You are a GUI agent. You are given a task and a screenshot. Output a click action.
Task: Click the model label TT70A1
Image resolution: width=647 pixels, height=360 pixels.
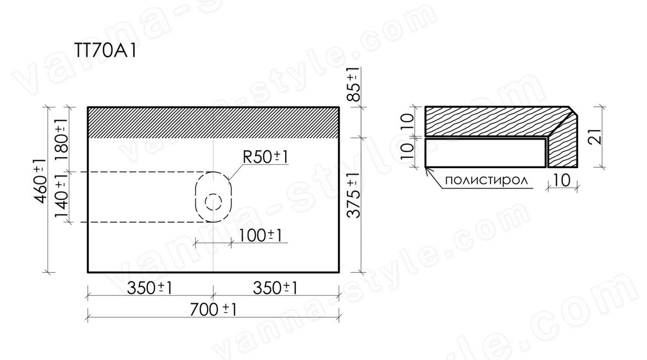(105, 52)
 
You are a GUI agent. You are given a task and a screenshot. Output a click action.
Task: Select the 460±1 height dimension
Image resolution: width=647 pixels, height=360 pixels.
(40, 181)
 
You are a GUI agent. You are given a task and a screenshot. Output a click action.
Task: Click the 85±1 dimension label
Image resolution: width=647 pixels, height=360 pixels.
(354, 84)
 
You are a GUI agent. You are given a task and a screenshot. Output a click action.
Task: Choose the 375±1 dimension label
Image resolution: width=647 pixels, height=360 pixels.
(354, 196)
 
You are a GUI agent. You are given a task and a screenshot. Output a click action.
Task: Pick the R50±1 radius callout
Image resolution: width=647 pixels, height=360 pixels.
(265, 157)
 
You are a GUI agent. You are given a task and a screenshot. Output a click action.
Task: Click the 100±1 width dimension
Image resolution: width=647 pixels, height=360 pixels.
(260, 236)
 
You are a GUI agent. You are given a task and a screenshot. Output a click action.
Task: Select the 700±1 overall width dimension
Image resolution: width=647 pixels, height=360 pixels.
(213, 310)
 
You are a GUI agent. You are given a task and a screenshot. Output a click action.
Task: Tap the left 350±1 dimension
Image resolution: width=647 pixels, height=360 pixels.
(150, 288)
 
